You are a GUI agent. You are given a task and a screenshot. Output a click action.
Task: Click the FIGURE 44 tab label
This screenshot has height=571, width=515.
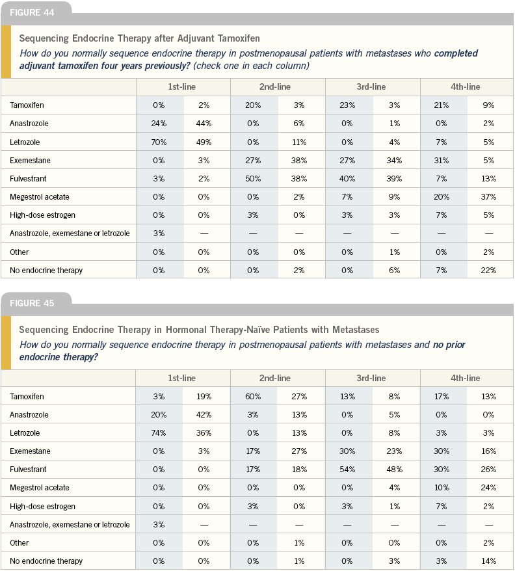coord(32,13)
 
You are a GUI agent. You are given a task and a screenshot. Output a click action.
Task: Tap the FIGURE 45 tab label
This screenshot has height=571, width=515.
coord(32,303)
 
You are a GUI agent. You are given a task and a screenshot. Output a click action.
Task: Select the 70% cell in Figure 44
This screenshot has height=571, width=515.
coord(159,142)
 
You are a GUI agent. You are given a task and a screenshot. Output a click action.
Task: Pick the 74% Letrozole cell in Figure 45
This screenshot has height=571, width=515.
coord(159,432)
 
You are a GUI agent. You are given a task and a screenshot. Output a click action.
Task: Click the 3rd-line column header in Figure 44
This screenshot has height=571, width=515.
coord(371,87)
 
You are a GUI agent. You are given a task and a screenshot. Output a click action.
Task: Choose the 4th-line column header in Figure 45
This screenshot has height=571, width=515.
coord(465,378)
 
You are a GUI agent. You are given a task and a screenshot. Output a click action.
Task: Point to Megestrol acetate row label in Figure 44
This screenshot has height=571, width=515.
coord(39,197)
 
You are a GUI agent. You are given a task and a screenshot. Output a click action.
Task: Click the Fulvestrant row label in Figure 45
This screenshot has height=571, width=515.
coord(28,470)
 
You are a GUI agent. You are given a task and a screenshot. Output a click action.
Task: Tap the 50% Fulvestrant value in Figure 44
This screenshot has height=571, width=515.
coord(253,178)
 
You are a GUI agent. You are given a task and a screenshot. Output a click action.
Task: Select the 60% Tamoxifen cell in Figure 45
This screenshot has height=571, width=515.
coord(253,396)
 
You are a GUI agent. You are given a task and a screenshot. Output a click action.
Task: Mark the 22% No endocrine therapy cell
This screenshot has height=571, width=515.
coord(488,270)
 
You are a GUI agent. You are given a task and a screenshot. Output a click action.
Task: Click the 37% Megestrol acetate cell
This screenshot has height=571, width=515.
coord(488,196)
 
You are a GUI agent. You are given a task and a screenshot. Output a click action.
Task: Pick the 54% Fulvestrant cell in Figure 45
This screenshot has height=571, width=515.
coord(347,469)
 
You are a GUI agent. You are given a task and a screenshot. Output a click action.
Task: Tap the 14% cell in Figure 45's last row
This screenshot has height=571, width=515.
coord(488,561)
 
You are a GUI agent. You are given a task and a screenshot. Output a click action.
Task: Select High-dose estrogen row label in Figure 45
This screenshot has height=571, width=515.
coord(43,507)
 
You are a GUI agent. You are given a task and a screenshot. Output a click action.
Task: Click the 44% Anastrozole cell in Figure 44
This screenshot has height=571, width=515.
coord(204,124)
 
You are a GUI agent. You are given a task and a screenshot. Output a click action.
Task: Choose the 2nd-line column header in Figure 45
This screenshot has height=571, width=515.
coord(275,378)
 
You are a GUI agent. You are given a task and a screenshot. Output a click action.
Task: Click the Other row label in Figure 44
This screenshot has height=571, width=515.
coord(20,252)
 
